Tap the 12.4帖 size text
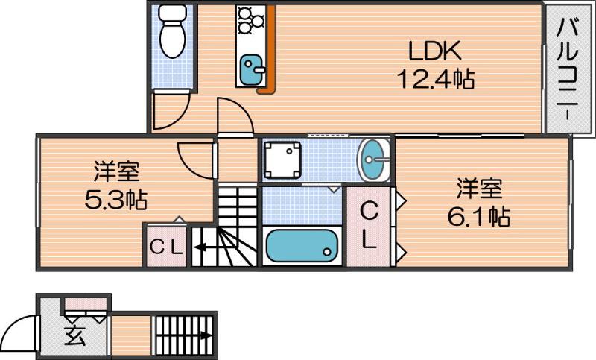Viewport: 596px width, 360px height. (435, 78)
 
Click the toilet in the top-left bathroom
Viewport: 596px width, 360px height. (174, 31)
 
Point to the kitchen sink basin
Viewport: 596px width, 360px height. (252, 70)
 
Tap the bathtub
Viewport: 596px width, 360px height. (301, 244)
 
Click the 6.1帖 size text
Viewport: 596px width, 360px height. (478, 216)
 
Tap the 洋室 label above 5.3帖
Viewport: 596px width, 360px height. (115, 172)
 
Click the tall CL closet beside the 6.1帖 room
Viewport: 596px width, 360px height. (369, 226)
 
